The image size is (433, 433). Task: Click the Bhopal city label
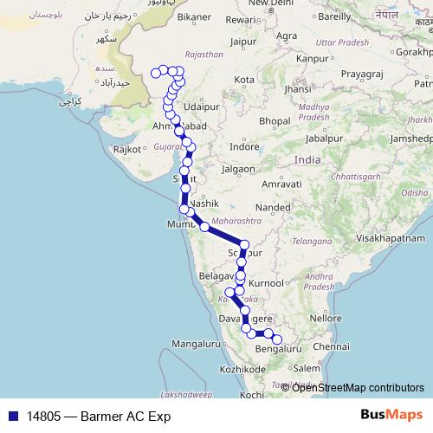273,120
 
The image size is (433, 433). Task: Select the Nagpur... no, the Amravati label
281,185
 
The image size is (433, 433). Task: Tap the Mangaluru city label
197,345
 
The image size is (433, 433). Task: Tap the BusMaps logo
386,415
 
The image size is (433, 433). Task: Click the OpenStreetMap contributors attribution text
359,387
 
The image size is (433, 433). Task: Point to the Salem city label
307,368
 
